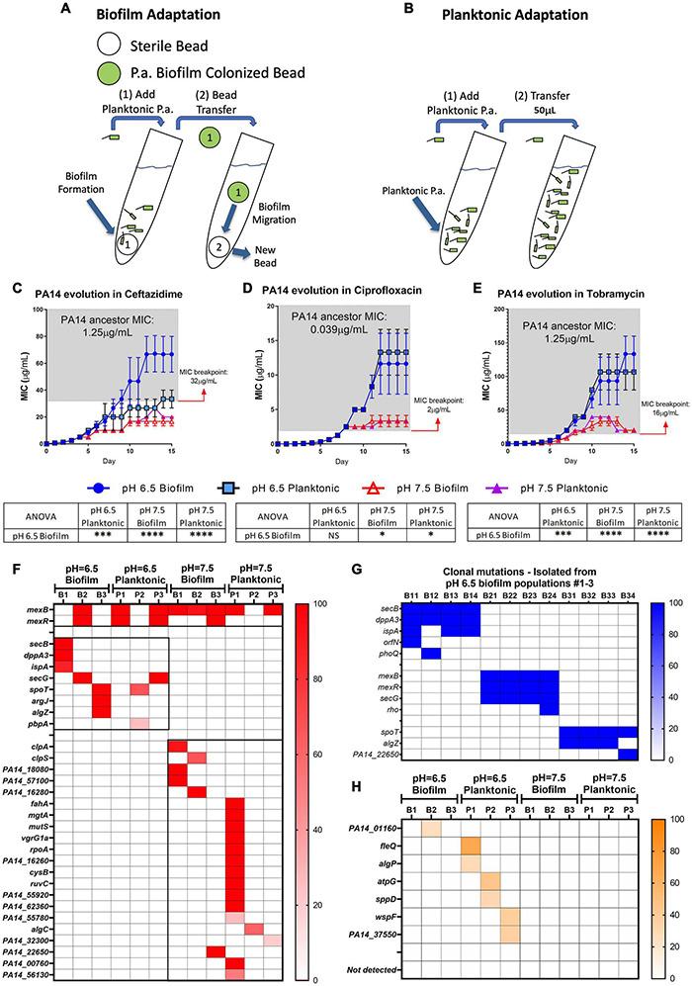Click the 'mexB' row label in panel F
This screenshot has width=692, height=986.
31,612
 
